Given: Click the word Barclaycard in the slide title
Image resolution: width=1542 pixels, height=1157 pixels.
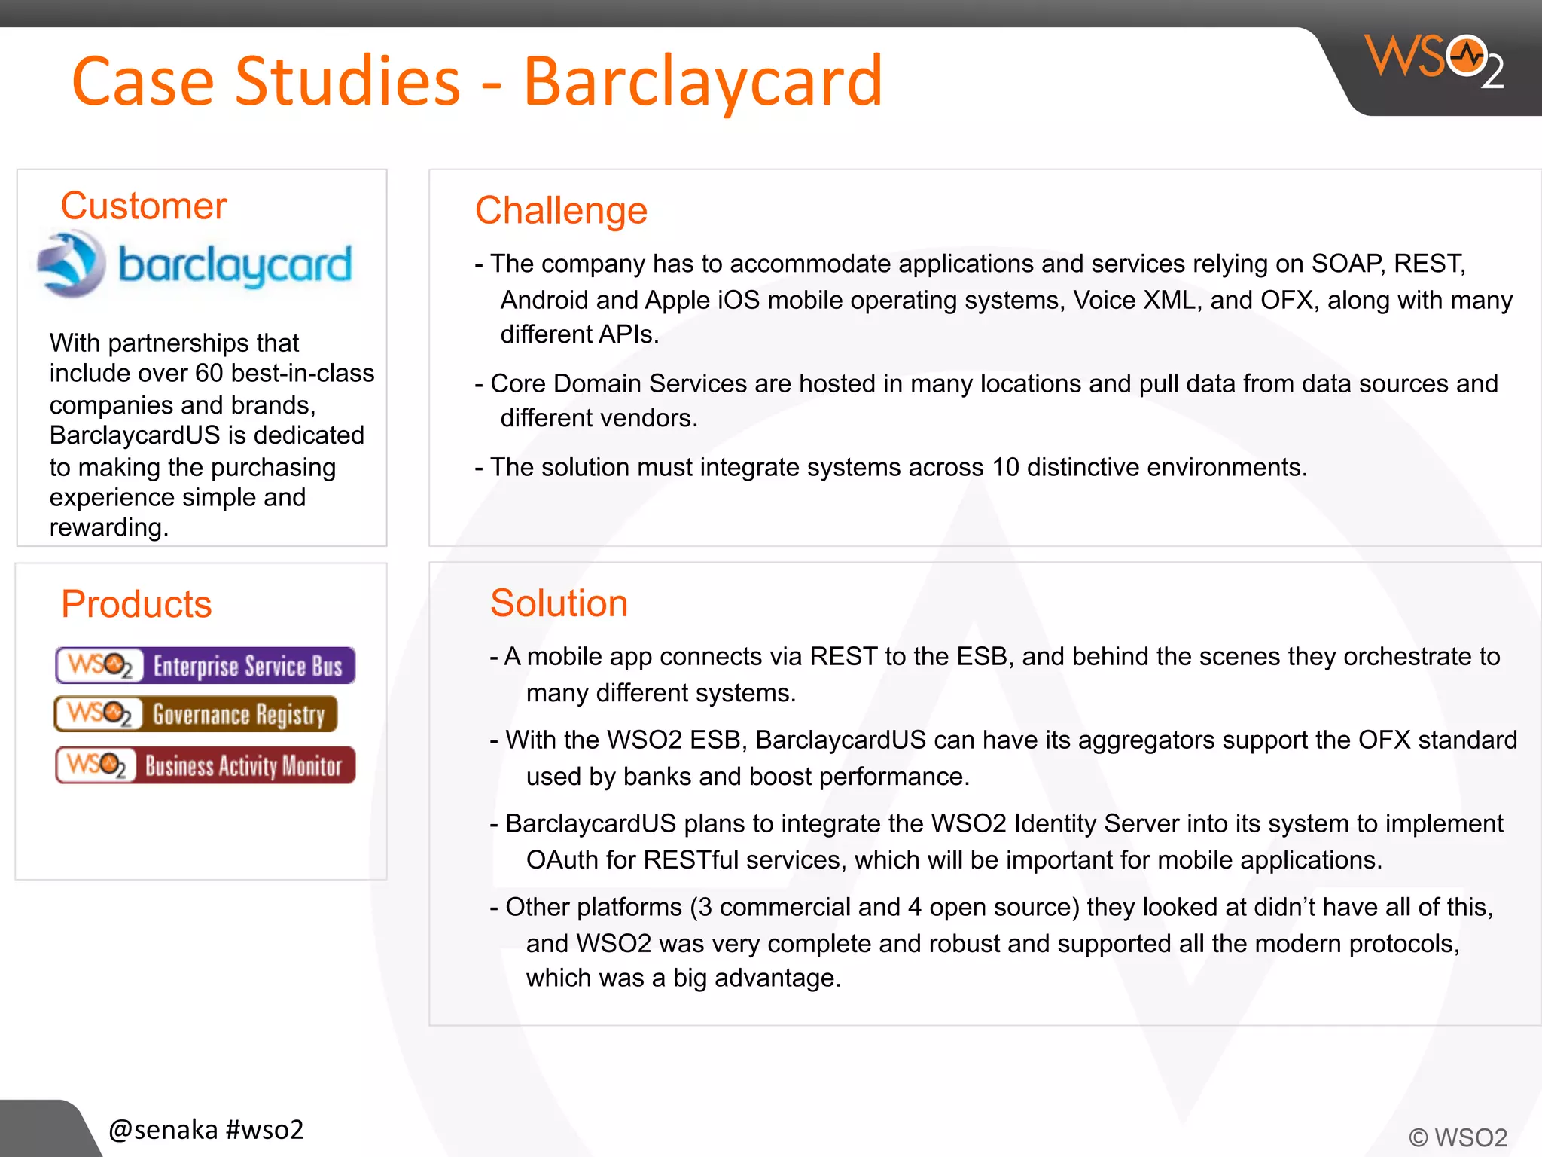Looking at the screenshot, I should (702, 81).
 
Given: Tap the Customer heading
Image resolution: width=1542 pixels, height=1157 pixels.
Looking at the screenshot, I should (143, 206).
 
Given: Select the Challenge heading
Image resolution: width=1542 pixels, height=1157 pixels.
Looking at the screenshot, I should (561, 210).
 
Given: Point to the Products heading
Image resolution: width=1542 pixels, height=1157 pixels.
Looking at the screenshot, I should (136, 604).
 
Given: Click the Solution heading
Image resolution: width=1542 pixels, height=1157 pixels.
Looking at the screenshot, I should (559, 603).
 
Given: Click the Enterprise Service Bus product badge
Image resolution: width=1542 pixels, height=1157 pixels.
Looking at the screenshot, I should (205, 666).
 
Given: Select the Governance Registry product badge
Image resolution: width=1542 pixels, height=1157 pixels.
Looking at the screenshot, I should (196, 714).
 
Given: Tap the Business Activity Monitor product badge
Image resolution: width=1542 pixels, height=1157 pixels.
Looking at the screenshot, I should (205, 765).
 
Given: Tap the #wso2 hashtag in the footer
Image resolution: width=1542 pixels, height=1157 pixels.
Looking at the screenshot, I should (264, 1129).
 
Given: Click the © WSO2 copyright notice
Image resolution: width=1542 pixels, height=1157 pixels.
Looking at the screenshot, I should (1458, 1137).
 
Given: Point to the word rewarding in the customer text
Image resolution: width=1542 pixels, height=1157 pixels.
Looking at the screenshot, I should (108, 527).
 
